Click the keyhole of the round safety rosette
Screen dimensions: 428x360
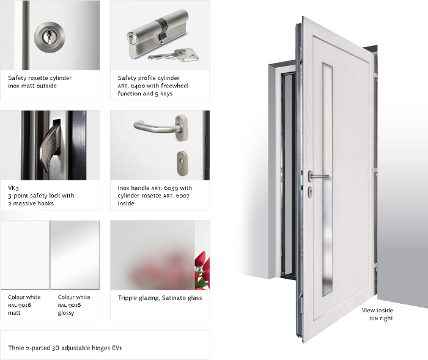coord(50,37)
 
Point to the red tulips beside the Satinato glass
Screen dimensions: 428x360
coord(202,270)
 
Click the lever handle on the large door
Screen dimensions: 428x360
coord(319,176)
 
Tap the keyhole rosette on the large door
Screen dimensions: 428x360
coord(311,191)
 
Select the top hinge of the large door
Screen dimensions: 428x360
coord(375,75)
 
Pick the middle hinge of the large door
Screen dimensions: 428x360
coord(375,171)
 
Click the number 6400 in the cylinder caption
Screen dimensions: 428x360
coord(138,86)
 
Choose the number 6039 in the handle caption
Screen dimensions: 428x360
coord(171,188)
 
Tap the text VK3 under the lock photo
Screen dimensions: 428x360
coord(13,188)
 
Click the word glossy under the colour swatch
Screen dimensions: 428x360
coord(66,313)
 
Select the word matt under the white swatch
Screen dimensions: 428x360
coord(14,313)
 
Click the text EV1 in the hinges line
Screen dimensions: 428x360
coord(117,348)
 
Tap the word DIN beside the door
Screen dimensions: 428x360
coord(374,318)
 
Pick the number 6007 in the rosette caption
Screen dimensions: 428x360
coord(183,196)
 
